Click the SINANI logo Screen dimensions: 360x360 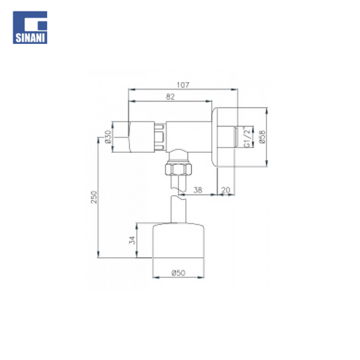pyautogui.click(x=30, y=27)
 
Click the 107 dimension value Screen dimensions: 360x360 pyautogui.click(x=183, y=85)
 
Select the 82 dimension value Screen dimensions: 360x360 pyautogui.click(x=170, y=97)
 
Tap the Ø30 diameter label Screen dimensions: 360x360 pyautogui.click(x=108, y=137)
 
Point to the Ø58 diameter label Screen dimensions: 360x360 pyautogui.click(x=262, y=137)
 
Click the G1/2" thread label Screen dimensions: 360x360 pyautogui.click(x=247, y=137)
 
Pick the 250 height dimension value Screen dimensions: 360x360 pyautogui.click(x=94, y=197)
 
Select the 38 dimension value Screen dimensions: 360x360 pyautogui.click(x=198, y=190)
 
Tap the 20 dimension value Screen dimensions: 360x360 pyautogui.click(x=226, y=190)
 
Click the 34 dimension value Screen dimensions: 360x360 pyautogui.click(x=132, y=240)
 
